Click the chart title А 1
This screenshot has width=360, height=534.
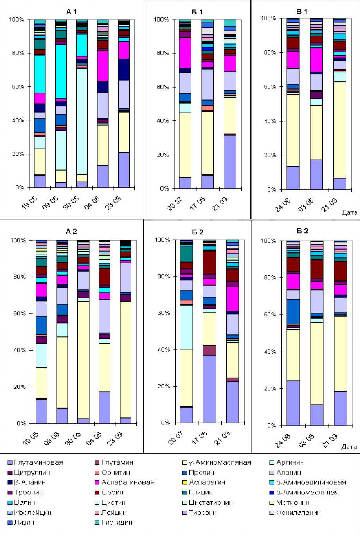pyautogui.click(x=71, y=12)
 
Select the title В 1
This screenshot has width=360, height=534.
pyautogui.click(x=302, y=12)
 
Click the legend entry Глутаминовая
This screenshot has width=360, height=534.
pyautogui.click(x=38, y=462)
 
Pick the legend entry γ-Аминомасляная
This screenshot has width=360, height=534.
pyautogui.click(x=220, y=462)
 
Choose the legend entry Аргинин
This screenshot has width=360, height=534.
pyautogui.click(x=290, y=462)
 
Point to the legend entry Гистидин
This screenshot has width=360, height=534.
pyautogui.click(x=117, y=522)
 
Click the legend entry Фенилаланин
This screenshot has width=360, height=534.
pyautogui.click(x=298, y=512)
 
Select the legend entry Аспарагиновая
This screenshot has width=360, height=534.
pyautogui.click(x=128, y=482)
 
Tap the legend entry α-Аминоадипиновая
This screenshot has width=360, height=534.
pyautogui.click(x=311, y=482)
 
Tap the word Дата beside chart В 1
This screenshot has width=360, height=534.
pyautogui.click(x=349, y=213)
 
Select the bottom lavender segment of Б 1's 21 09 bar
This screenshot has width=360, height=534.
pyautogui.click(x=230, y=161)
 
